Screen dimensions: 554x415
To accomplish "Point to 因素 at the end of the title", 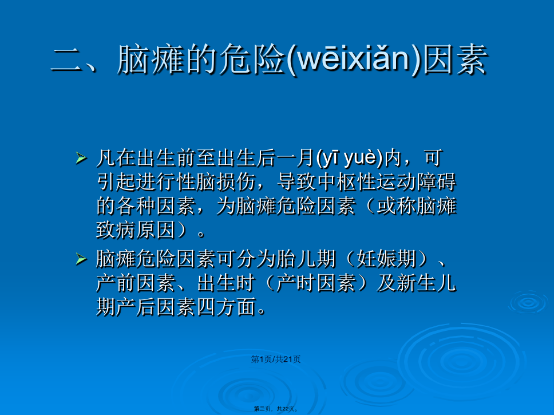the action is click(455, 59).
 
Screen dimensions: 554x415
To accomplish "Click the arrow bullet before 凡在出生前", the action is click(81, 159).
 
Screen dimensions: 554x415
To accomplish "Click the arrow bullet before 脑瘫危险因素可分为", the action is click(81, 259).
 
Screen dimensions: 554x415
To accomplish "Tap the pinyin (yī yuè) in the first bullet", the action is click(350, 158).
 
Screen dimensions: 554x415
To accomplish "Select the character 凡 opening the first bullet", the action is click(106, 158).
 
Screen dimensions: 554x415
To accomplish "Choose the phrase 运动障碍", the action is click(416, 181).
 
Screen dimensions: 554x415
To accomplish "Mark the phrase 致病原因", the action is click(136, 230).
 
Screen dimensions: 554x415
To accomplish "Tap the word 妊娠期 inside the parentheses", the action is click(386, 259).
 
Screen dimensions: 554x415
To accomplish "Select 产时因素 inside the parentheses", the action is click(316, 283).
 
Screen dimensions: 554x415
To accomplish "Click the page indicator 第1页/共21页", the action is click(276, 359).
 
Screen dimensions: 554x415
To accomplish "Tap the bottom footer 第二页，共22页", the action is click(276, 409).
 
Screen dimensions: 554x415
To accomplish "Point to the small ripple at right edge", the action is click(529, 303).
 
